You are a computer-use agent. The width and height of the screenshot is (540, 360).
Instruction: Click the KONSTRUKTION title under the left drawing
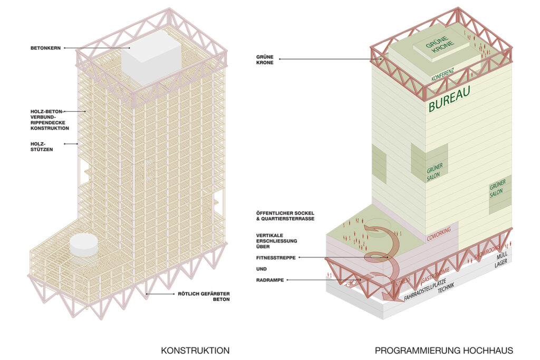[195, 350]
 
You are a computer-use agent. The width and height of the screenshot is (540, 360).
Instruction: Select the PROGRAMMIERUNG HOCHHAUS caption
[443, 350]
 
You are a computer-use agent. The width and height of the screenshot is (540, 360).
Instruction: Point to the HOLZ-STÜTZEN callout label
[42, 145]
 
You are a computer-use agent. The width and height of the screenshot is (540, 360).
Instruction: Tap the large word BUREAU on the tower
[449, 99]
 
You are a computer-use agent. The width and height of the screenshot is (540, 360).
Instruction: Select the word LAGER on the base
[501, 265]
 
